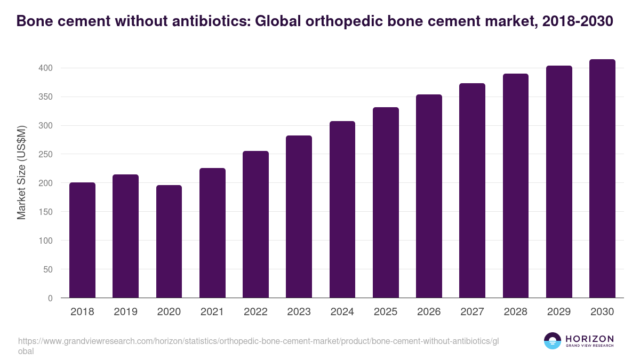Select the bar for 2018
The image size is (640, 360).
[x=82, y=240]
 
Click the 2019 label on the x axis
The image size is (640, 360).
[x=125, y=312]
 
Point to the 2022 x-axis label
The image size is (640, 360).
[x=255, y=312]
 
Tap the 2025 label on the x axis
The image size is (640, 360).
[x=386, y=312]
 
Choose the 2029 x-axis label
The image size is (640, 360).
[x=559, y=312]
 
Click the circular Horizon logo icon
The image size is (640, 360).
[x=553, y=341]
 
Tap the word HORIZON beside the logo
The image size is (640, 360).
[x=589, y=339]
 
